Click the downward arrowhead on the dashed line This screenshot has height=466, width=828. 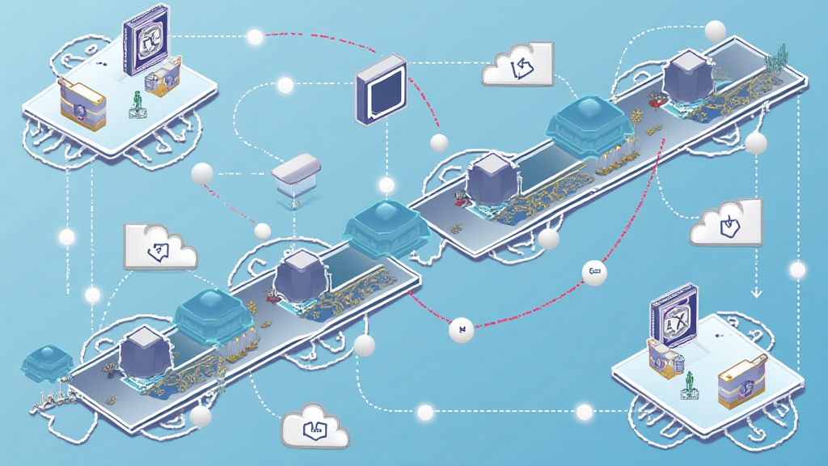click(757, 292)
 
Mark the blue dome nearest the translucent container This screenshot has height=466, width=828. click(385, 220)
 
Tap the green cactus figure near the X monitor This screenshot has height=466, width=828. click(690, 383)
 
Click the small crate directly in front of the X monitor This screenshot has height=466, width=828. click(665, 358)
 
